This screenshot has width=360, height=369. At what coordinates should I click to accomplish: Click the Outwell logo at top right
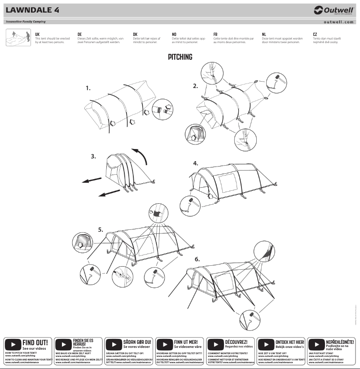point(334,10)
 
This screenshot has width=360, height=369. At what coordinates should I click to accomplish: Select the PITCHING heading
point(180,57)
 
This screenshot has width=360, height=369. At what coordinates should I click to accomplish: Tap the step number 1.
point(88,89)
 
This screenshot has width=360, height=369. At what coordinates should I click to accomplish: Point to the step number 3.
point(93,157)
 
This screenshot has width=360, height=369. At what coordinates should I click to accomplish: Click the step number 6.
point(197,259)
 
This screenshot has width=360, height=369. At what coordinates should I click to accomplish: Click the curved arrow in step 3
point(142,158)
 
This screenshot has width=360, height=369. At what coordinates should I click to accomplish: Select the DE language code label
point(79,35)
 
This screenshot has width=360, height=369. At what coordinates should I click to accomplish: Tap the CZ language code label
point(315,35)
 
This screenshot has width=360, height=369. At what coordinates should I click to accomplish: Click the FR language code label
point(215,35)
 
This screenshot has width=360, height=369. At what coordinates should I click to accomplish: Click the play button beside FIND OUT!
point(13,345)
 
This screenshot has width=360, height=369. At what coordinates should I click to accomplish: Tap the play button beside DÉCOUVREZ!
point(216,345)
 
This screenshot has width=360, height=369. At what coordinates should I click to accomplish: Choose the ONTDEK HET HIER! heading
point(290,342)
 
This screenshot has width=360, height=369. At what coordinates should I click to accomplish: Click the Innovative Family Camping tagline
point(25,22)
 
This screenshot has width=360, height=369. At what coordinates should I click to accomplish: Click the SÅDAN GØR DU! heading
point(138,342)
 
